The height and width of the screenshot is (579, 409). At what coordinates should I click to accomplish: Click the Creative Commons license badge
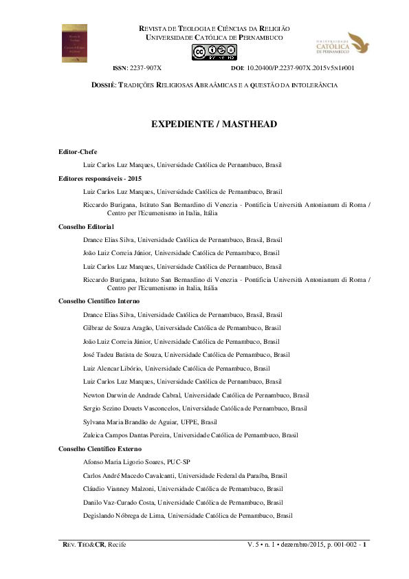pos(214,52)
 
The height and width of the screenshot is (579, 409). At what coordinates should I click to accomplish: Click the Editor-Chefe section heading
pos(78,151)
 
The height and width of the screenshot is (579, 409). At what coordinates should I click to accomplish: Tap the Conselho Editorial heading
pos(87,226)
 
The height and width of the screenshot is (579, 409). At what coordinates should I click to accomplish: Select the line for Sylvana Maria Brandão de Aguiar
pos(159,422)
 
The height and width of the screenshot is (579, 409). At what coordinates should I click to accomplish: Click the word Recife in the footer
pos(114,545)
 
